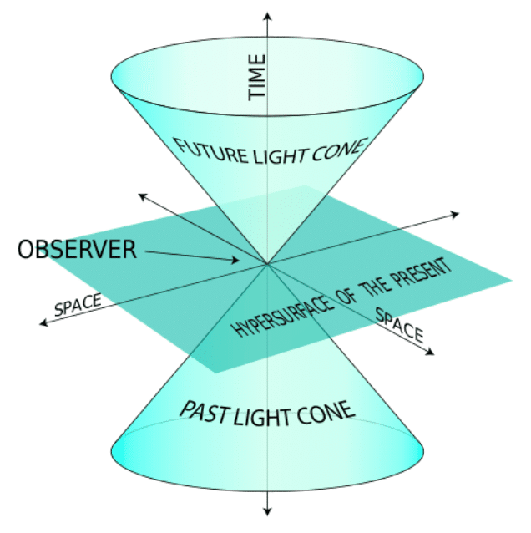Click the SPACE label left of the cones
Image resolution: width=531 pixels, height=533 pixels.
[x=78, y=304]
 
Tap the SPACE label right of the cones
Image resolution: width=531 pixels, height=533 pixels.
[x=400, y=325]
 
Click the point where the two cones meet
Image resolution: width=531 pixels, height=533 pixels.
[x=267, y=265]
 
